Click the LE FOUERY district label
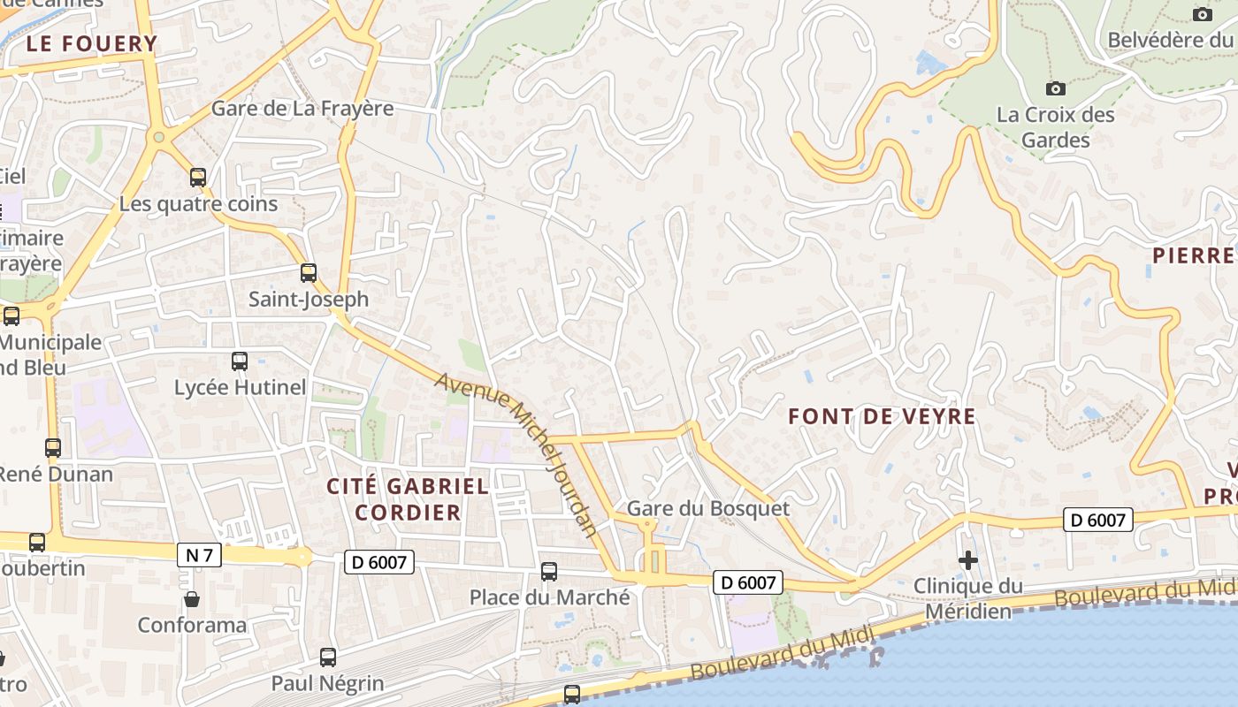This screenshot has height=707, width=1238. pyautogui.click(x=91, y=43)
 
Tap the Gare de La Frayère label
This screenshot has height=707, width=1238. pyautogui.click(x=302, y=109)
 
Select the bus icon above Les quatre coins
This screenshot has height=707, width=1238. pyautogui.click(x=198, y=178)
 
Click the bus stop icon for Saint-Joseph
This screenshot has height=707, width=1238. pyautogui.click(x=308, y=273)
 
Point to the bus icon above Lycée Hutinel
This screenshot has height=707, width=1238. pyautogui.click(x=240, y=361)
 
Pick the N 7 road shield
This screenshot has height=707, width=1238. pyautogui.click(x=199, y=555)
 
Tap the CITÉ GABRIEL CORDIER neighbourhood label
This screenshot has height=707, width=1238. pyautogui.click(x=408, y=498)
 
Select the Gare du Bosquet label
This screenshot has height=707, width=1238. pyautogui.click(x=707, y=508)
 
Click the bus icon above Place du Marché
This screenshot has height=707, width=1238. pyautogui.click(x=549, y=572)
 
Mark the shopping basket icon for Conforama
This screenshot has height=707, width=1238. pyautogui.click(x=191, y=599)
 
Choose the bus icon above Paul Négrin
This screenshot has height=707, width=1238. pyautogui.click(x=328, y=657)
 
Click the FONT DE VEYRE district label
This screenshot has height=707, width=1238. pyautogui.click(x=882, y=416)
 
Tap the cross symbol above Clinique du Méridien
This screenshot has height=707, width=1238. pyautogui.click(x=968, y=559)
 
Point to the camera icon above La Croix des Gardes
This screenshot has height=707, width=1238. pyautogui.click(x=1055, y=88)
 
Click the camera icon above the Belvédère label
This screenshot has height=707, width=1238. pyautogui.click(x=1202, y=14)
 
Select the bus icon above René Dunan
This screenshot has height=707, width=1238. pyautogui.click(x=53, y=448)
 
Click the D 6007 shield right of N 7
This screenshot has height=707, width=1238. pyautogui.click(x=379, y=561)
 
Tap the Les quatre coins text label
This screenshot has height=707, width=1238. pyautogui.click(x=198, y=204)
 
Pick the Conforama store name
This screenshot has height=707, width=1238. pyautogui.click(x=192, y=626)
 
